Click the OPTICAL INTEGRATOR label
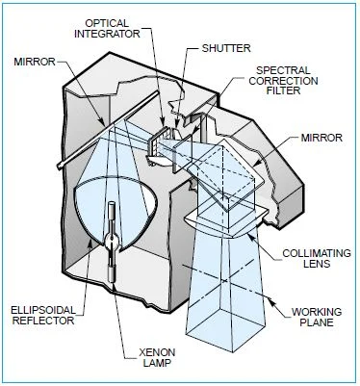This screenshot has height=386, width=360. point(108,28)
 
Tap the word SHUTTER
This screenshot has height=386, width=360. point(226,48)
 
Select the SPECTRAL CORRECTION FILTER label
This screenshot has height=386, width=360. point(283,81)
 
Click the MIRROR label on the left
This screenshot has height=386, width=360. point(35,62)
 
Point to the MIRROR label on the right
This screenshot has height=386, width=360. point(321,138)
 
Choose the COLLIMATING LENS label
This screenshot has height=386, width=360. point(317,258)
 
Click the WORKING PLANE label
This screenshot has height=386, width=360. point(317,317)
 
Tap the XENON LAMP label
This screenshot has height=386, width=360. point(157,357)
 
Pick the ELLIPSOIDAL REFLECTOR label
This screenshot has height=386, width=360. point(43,315)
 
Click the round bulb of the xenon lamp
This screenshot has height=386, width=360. point(112,240)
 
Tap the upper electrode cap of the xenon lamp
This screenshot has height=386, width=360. point(112,209)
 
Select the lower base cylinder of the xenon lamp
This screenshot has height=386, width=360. point(112,274)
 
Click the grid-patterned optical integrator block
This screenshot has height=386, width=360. point(158,142)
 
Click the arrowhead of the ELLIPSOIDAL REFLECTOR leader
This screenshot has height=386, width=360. point(90,243)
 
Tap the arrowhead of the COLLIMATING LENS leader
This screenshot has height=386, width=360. point(250,237)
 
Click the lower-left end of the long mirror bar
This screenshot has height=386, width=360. point(60,167)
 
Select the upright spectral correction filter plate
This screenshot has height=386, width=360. point(182,153)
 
